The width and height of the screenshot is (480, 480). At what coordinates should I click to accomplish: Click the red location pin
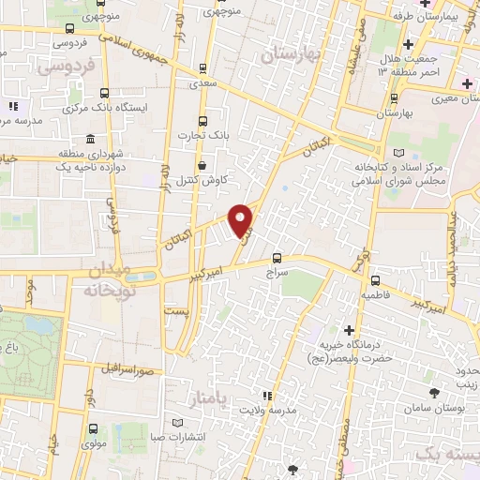pos(242,218)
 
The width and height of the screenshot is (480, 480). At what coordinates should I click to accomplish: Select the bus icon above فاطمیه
pos(375,280)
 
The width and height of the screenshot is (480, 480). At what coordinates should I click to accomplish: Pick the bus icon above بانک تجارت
pos(203,121)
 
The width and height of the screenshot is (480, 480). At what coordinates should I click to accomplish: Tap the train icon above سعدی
pos(203,68)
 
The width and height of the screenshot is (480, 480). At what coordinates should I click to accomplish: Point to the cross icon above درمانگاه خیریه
pos(349,330)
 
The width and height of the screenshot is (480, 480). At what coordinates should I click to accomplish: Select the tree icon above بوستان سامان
pos(432,393)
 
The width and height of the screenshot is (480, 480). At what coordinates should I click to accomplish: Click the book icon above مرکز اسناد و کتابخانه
pos(400,152)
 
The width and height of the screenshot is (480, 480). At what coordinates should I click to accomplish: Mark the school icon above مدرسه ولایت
pos(267,396)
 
